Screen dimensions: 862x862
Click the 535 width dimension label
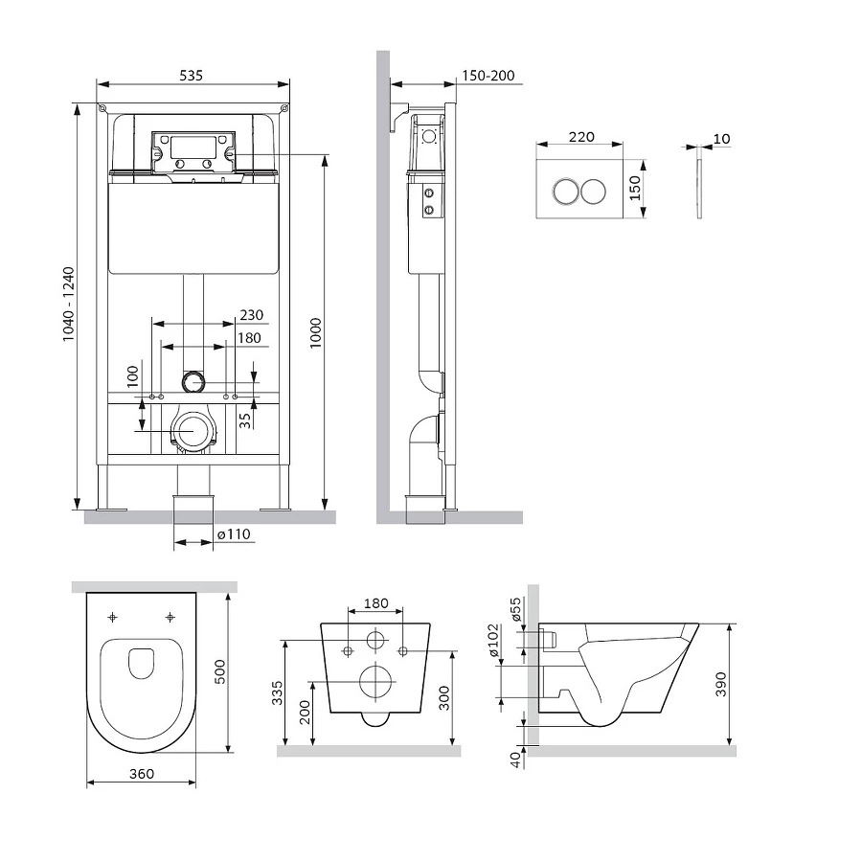pos(193,76)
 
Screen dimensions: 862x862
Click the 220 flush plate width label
pos(581,138)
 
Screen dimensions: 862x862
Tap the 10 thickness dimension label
pos(721,139)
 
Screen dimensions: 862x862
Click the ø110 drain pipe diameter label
pos(234,534)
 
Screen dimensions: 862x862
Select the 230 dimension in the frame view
pos(251,314)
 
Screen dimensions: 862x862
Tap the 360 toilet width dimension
pos(141,773)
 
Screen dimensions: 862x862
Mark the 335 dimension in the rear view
pos(276,691)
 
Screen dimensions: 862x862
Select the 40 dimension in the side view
pos(514,760)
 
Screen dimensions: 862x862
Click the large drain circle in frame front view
pos(193,430)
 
